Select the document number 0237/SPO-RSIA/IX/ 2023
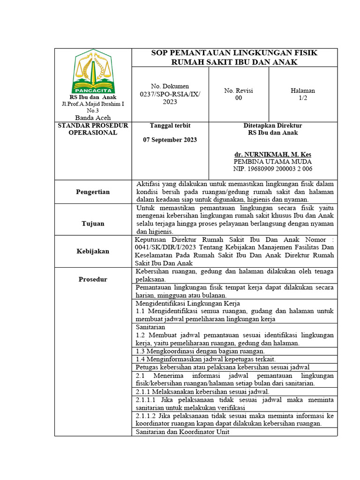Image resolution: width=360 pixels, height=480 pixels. pos(169,94)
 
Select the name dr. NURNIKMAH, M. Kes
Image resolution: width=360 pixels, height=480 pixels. pos(273,154)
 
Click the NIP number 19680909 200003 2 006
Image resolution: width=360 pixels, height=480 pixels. pos(273,169)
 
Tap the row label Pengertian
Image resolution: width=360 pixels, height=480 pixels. pos(93,192)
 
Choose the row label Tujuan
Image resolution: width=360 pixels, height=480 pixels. pos(93,224)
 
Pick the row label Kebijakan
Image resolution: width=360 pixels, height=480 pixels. pos(93,251)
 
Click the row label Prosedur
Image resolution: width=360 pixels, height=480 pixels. pos(93,279)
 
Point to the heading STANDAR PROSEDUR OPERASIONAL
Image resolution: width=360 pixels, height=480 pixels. pos(93,129)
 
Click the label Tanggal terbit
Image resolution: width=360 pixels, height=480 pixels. pos(170,126)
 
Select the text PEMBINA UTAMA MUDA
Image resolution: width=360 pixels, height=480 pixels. pos(273,161)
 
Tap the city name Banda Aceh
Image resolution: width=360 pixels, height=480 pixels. pos(93,118)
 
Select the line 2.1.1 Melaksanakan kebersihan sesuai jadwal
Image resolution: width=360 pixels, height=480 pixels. pos(202,391)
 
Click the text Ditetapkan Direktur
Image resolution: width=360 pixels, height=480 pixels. pos(273,126)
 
